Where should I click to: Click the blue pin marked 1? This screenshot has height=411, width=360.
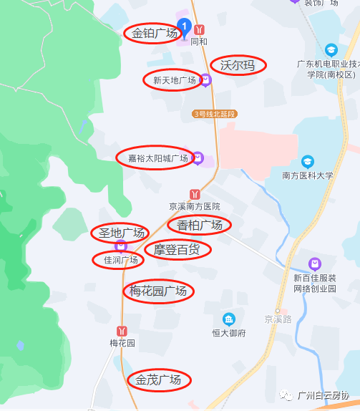(x=184, y=27)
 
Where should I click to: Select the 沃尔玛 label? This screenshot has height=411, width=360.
(x=238, y=65)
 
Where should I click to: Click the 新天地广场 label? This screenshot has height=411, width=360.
(x=174, y=80)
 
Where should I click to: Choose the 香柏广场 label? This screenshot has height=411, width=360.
(x=200, y=226)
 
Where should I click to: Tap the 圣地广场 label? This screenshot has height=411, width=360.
(x=121, y=233)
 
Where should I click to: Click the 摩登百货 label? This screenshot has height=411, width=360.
(x=177, y=250)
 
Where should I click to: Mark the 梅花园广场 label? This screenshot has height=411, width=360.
(x=157, y=291)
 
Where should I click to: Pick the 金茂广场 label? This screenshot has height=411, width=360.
(x=159, y=379)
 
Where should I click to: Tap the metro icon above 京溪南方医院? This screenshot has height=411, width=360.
(x=195, y=193)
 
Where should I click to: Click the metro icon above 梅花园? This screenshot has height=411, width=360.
(x=122, y=331)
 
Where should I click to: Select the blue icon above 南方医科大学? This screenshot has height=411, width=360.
(x=307, y=161)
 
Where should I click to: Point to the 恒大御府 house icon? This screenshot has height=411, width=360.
(x=228, y=319)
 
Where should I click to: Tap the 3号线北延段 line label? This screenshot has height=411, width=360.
(x=214, y=114)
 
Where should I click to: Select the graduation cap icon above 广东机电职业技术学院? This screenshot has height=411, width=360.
(x=331, y=50)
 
